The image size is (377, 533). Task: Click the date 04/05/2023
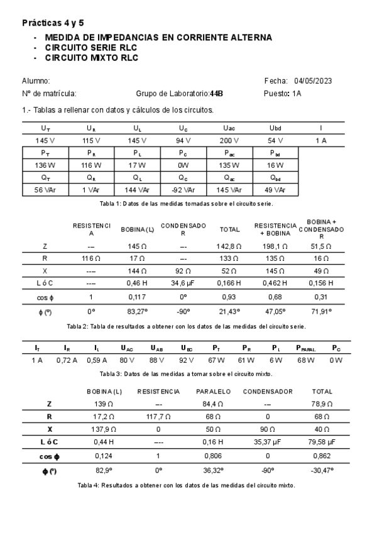pos(313,81)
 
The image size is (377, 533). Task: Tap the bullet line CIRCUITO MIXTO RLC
pos(91,58)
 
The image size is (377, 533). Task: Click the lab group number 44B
pos(217,94)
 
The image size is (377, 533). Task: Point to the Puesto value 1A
pos(297,94)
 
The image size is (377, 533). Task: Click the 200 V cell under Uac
pos(229,141)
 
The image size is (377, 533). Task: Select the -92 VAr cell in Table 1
pos(183,190)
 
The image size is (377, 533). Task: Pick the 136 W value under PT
pos(45,165)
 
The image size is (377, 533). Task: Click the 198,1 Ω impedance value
pos(275,247)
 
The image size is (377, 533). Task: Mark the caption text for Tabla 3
pos(188,373)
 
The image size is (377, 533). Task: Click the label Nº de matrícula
pos(49,94)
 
